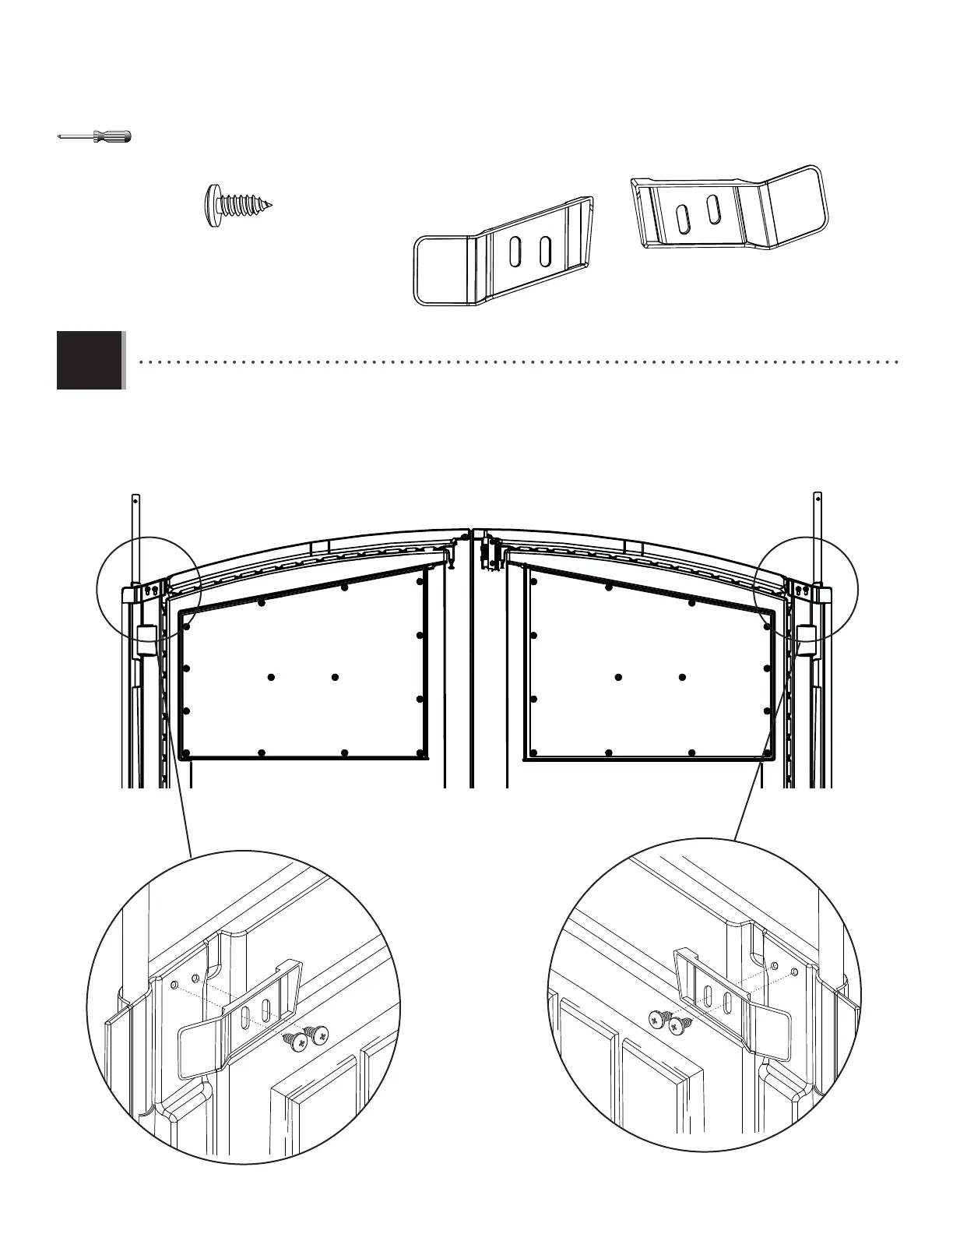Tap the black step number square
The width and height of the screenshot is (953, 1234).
(x=90, y=360)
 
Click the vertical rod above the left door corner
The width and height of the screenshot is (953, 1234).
(x=135, y=538)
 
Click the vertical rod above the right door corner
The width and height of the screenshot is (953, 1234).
(x=818, y=538)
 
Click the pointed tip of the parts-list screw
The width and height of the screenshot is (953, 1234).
(x=273, y=206)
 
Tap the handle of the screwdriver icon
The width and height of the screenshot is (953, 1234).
(x=112, y=137)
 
